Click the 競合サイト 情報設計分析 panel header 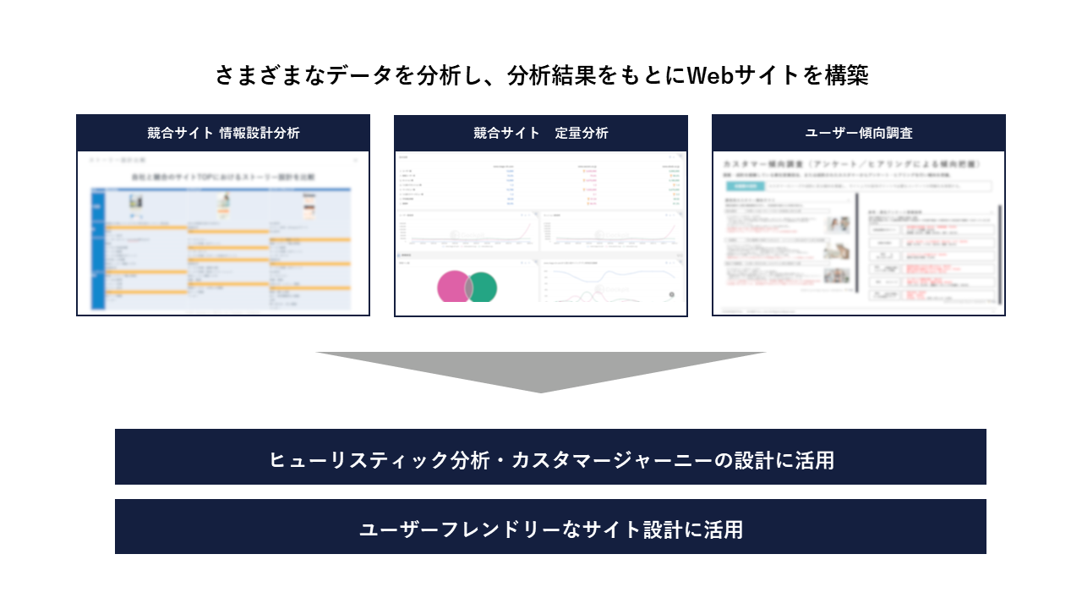[223, 133]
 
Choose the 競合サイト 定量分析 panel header [541, 133]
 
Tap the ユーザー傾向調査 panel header [859, 133]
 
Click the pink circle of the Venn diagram [452, 287]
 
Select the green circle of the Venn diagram [484, 288]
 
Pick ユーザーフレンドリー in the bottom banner [451, 529]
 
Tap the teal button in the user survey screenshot [745, 185]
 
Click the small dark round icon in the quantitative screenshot [671, 294]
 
